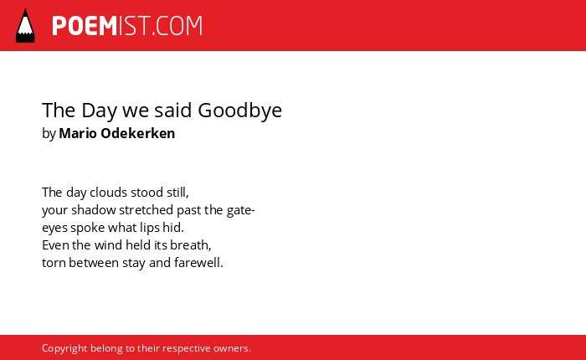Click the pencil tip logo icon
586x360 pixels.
(25, 25)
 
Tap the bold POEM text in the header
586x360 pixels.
(85, 26)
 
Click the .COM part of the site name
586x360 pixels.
(177, 26)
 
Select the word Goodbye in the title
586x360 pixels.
(239, 111)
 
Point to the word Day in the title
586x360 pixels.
(99, 111)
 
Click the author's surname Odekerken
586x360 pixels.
(138, 133)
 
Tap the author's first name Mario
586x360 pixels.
(78, 133)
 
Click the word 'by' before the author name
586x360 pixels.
(49, 134)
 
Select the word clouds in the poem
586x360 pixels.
(108, 193)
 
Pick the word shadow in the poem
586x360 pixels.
(94, 209)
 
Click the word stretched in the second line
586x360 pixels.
(146, 209)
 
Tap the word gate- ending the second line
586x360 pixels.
(241, 210)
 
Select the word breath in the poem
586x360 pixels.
(189, 244)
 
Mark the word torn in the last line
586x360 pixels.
(54, 263)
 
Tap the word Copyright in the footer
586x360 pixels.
(64, 349)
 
